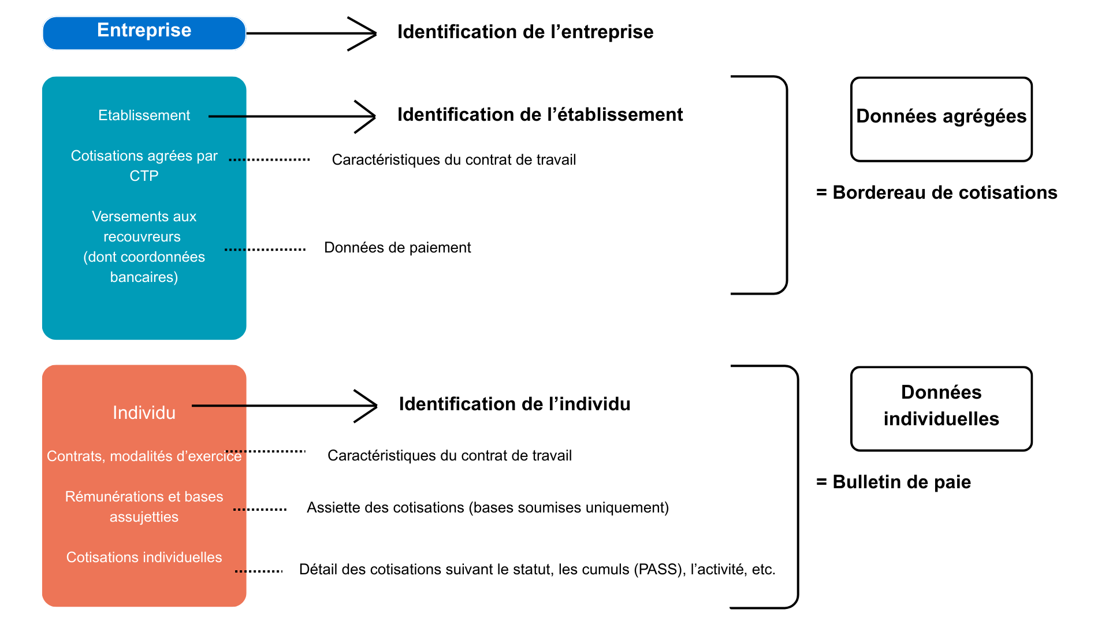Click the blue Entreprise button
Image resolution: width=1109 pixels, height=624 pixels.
pos(144,32)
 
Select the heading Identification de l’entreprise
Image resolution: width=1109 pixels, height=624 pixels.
pos(525,32)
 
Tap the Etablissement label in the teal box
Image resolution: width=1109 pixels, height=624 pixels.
pos(144,116)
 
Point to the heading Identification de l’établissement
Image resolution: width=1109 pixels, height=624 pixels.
pos(539,114)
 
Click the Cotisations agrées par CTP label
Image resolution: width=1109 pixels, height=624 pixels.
pos(144,165)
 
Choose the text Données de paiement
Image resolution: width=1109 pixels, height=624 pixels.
pos(397,248)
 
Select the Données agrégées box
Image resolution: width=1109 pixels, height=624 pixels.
pos(941,119)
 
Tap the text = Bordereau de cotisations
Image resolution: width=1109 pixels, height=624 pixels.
pos(936,192)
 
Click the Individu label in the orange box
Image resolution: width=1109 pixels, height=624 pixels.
pos(144,413)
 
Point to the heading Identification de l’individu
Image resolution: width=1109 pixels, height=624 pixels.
pos(514,404)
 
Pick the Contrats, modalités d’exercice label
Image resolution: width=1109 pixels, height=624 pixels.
pos(144,456)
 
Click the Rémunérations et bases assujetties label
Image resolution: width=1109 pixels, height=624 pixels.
pos(144,507)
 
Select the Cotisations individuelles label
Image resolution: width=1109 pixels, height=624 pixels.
pos(144,558)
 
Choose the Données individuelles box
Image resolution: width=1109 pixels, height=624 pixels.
pos(941,408)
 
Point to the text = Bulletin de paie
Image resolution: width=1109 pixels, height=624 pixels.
pos(893,482)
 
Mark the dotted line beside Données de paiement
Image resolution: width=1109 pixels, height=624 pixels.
pos(265,250)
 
